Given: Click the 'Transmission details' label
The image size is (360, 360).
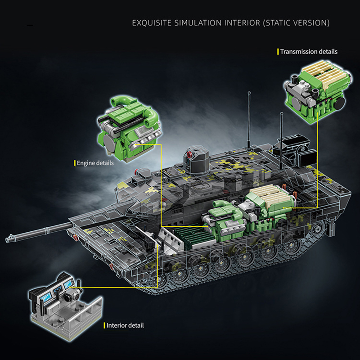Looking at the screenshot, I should pos(309,51).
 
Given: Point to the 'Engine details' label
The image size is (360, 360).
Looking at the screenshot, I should pos(95,162).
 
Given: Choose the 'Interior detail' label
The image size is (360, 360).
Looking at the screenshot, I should pos(125,325).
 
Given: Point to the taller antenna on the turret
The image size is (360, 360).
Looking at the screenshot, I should pos(249,117).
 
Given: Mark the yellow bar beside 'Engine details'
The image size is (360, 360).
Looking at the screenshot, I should pos(74,162).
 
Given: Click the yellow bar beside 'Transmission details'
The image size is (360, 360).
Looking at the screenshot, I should pos(278,51).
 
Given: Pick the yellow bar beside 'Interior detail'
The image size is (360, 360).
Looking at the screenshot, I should pos(104,325).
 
